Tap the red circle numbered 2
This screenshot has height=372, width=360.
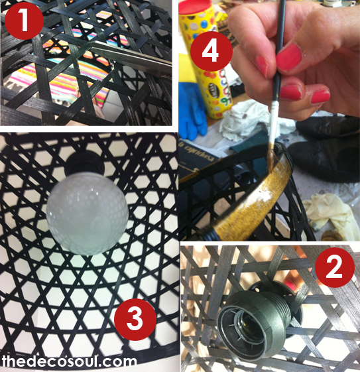tap(334, 267)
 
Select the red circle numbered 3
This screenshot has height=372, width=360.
tap(135, 319)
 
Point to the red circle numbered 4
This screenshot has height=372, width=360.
tap(211, 51)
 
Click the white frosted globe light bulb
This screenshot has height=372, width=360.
tap(88, 214)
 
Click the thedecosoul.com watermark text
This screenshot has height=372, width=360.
tap(69, 361)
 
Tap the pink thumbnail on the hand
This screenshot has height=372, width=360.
tap(289, 57)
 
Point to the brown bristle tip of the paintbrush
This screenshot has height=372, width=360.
tap(272, 156)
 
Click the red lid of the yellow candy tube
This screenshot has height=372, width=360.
tap(192, 7)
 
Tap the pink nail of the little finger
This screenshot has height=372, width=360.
tap(320, 97)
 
